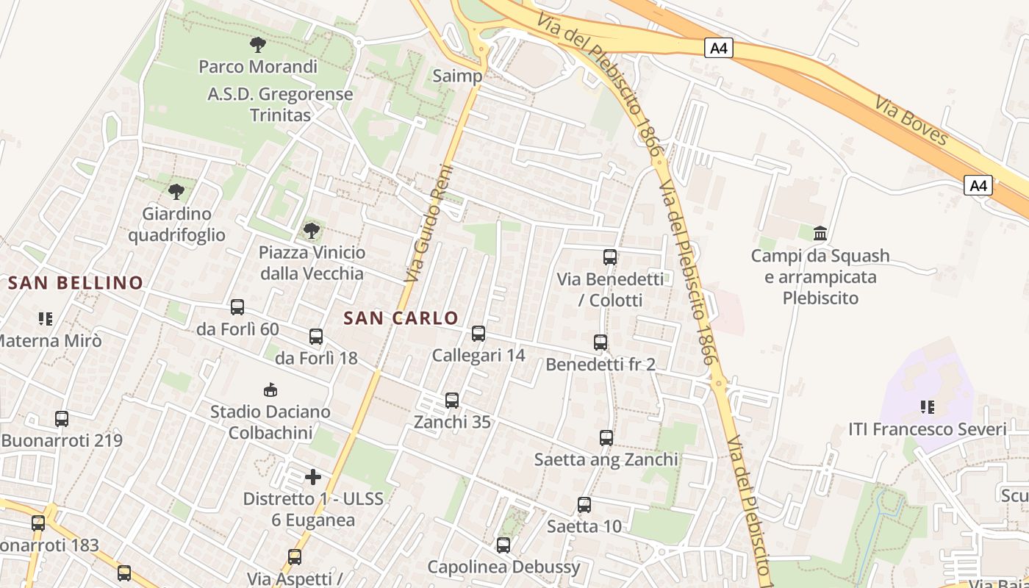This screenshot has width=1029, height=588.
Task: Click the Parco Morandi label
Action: pos(258,66)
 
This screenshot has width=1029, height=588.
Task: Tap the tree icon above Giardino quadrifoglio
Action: pos(176,192)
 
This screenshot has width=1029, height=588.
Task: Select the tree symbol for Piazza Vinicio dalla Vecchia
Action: pos(312,231)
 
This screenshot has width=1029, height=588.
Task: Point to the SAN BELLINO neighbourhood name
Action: pos(76,282)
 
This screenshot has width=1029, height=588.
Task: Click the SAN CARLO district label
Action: pos(401,318)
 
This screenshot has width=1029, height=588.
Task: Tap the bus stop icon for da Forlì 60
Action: pos(237,307)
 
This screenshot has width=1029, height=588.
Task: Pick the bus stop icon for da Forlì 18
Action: pos(316,337)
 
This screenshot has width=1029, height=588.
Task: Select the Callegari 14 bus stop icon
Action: pos(478,334)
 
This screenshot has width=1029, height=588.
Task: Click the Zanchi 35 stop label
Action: pos(452,423)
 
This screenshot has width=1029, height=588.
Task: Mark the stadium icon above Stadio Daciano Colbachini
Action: pos(270,390)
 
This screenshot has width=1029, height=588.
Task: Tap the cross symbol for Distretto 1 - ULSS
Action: pos(313,477)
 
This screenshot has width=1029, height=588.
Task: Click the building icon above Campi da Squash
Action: pos(820,234)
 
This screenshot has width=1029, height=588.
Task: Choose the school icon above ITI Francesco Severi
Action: pos(928,406)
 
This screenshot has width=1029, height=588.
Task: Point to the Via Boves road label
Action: pos(912,119)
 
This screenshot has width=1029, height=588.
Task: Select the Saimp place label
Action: pos(457,76)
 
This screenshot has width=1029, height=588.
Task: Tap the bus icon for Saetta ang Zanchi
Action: pos(606,438)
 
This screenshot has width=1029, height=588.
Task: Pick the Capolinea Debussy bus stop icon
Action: pos(503,545)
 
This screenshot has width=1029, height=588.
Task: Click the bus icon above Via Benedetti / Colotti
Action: pos(610,257)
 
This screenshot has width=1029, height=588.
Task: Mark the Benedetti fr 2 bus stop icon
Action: pos(600,343)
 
